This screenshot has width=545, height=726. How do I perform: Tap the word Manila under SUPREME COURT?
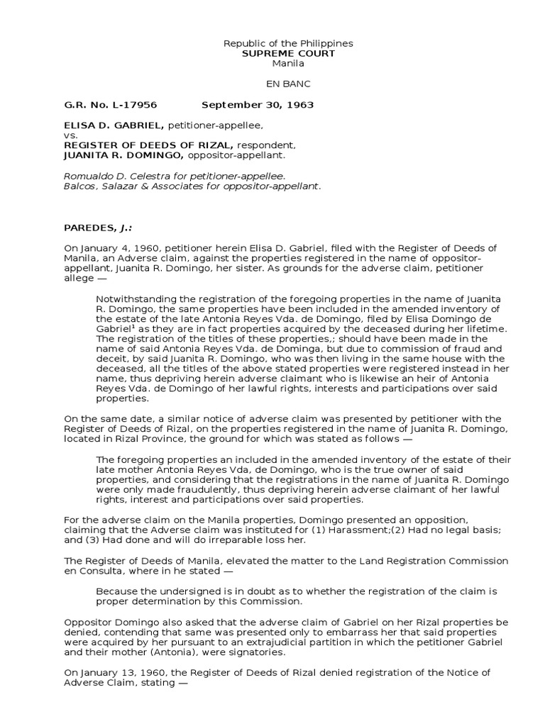click(288, 63)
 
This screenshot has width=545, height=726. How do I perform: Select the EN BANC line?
click(288, 84)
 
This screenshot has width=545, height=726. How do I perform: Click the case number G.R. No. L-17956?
click(110, 105)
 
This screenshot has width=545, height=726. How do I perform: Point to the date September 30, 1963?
click(258, 105)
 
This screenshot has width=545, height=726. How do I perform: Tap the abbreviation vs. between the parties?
click(70, 135)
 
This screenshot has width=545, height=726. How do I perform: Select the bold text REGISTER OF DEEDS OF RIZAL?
click(149, 145)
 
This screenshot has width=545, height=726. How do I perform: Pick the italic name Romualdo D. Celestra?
click(111, 176)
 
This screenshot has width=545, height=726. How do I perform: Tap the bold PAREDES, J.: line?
click(92, 228)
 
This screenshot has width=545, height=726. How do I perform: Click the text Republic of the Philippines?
click(288, 43)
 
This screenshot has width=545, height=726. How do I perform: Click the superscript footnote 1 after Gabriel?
click(133, 327)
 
